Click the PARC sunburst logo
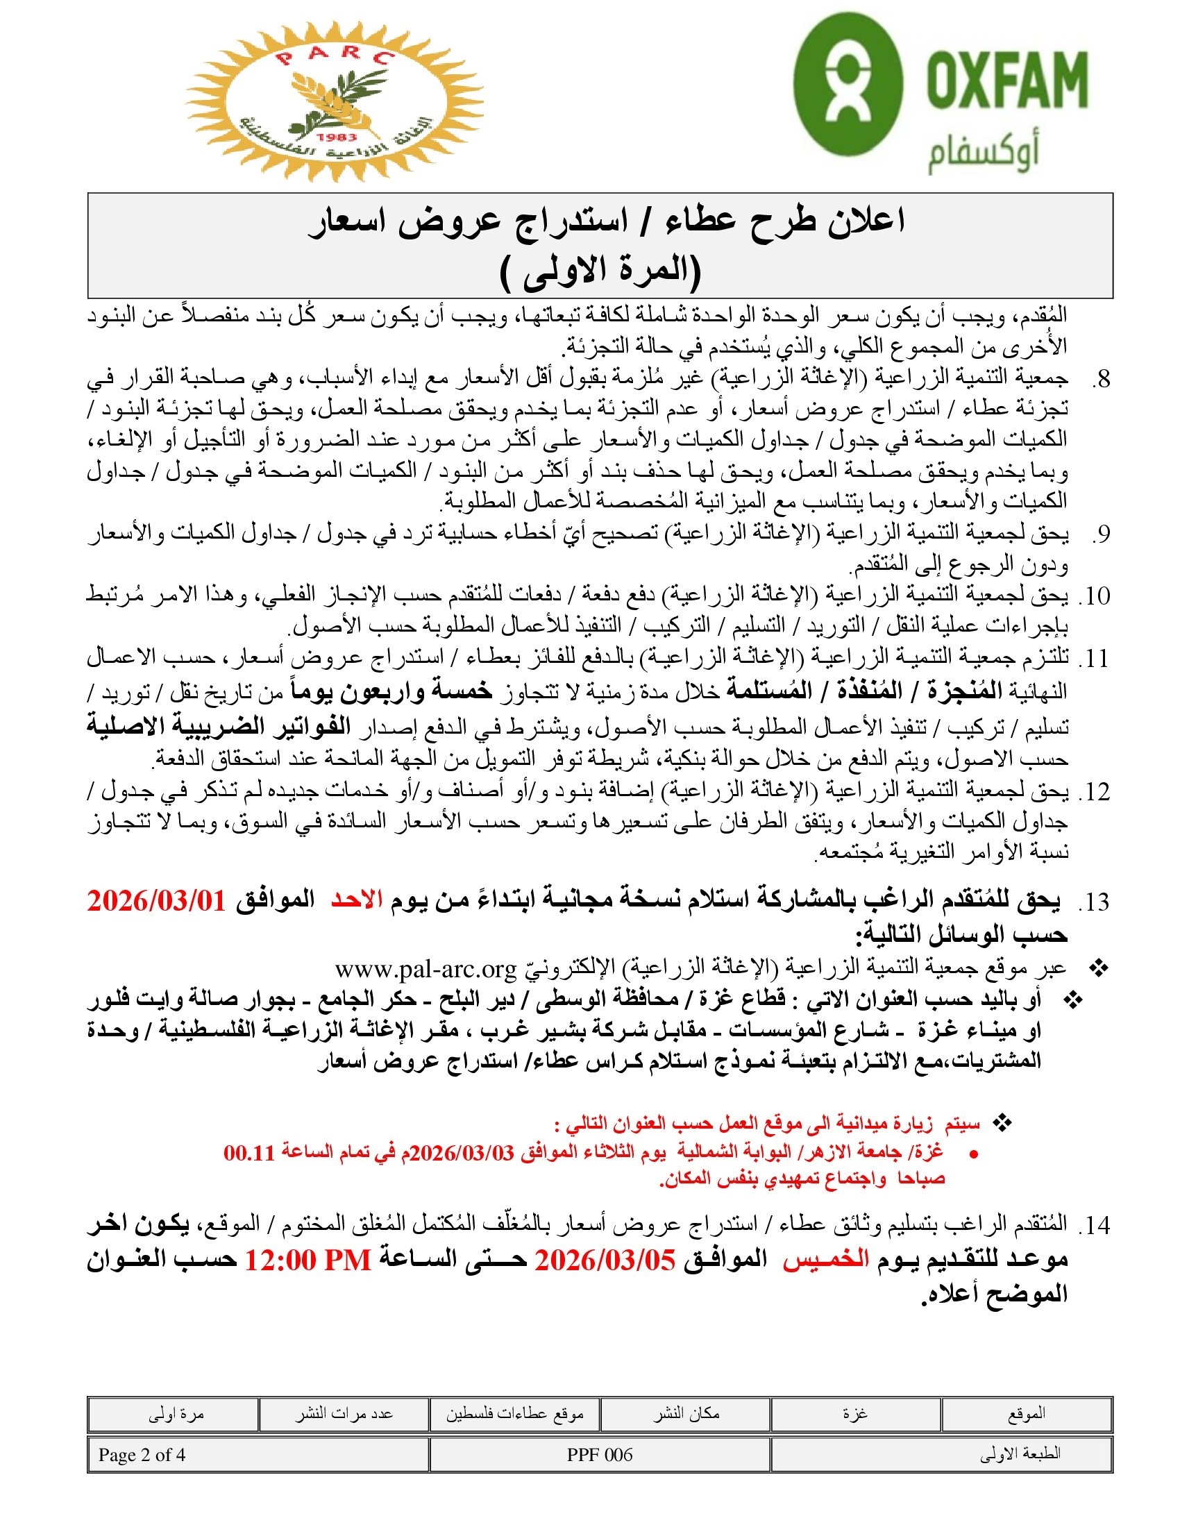click(334, 102)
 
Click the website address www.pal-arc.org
click(425, 969)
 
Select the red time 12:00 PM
click(307, 1260)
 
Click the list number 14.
click(1095, 1226)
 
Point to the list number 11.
click(1095, 659)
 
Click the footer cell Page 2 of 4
click(142, 1455)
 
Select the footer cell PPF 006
click(599, 1455)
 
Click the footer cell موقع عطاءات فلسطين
click(514, 1415)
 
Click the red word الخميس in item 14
click(825, 1260)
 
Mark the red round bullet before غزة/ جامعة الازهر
click(974, 1154)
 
